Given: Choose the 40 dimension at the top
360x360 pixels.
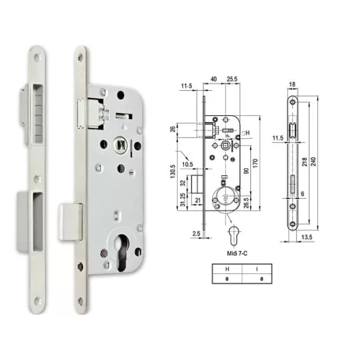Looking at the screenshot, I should click(213, 79).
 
